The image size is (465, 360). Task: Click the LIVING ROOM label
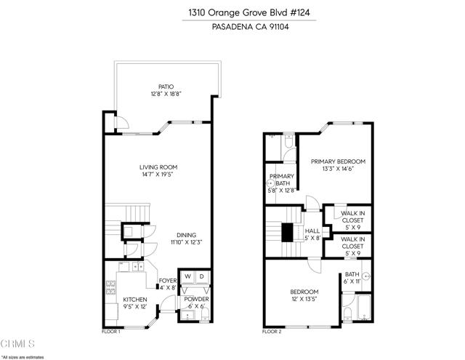158,167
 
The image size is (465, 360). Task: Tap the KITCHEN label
134,299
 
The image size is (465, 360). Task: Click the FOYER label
168,280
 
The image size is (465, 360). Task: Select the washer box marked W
187,277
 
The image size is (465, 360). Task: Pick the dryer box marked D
203,277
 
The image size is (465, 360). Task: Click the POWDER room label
195,299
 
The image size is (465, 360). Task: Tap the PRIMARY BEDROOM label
338,161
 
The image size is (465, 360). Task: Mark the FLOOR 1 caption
110,331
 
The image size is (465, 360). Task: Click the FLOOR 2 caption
271,331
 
